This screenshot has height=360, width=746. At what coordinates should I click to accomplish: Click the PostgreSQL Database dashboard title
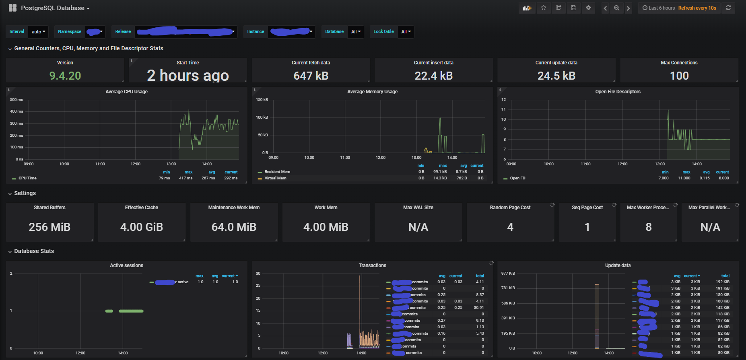pyautogui.click(x=52, y=8)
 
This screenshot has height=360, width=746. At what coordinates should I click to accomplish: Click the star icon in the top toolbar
pyautogui.click(x=544, y=8)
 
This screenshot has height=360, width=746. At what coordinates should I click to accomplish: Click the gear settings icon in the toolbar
pyautogui.click(x=588, y=8)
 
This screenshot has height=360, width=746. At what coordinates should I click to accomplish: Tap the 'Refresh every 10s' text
pyautogui.click(x=697, y=8)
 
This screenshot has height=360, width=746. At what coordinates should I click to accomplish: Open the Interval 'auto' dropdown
pyautogui.click(x=38, y=32)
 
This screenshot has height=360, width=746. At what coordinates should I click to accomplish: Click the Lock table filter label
pyautogui.click(x=383, y=31)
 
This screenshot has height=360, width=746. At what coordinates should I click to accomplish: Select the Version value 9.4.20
pyautogui.click(x=65, y=76)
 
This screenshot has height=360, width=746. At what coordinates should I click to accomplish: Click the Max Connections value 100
pyautogui.click(x=679, y=76)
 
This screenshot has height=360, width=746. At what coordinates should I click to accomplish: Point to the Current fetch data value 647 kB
pyautogui.click(x=311, y=76)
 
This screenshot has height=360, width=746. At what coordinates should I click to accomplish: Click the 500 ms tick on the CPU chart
pyautogui.click(x=16, y=99)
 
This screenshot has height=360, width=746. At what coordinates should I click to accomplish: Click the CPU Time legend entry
pyautogui.click(x=27, y=178)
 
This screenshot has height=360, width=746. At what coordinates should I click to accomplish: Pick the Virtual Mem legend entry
pyautogui.click(x=275, y=178)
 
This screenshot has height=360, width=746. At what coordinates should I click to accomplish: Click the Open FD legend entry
pyautogui.click(x=517, y=178)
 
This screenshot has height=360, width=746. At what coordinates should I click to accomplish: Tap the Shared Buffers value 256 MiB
pyautogui.click(x=49, y=227)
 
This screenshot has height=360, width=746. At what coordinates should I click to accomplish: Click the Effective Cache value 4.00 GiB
pyautogui.click(x=142, y=227)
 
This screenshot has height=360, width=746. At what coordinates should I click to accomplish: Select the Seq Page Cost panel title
pyautogui.click(x=587, y=208)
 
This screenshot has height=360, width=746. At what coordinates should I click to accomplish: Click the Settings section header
pyautogui.click(x=25, y=193)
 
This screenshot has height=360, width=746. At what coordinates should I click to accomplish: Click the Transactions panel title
pyautogui.click(x=372, y=265)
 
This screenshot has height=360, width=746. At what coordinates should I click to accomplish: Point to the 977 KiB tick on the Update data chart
pyautogui.click(x=508, y=273)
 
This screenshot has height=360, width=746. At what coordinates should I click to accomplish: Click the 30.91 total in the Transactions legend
pyautogui.click(x=479, y=307)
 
